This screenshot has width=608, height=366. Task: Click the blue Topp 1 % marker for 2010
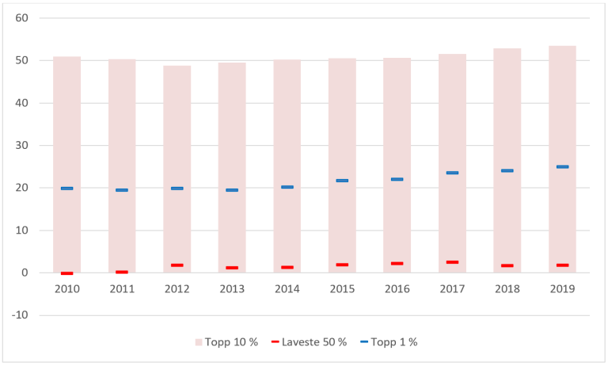[x=66, y=189]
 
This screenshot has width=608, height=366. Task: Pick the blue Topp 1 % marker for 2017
[x=452, y=173]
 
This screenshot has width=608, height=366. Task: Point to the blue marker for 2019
[x=562, y=166]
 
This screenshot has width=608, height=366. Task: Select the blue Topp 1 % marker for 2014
[x=287, y=187]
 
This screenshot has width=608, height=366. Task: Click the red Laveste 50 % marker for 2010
[x=66, y=273]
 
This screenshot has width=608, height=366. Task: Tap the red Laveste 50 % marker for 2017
[x=452, y=262]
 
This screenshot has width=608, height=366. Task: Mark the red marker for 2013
[x=232, y=268]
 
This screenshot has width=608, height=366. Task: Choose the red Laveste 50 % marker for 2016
[x=397, y=263]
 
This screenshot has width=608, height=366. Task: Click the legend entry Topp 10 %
[x=224, y=342]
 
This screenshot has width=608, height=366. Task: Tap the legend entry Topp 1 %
[x=391, y=342]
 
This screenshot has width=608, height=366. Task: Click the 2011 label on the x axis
[x=122, y=289]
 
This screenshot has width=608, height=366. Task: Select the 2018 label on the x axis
[x=507, y=289]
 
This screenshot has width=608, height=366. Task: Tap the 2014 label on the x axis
[x=287, y=289]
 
